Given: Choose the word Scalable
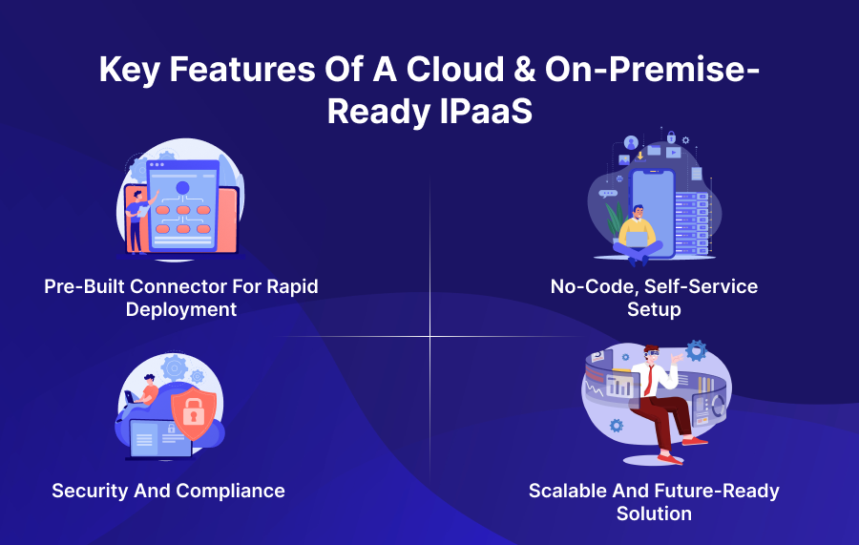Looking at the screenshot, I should [x=569, y=491].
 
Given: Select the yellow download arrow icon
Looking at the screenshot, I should [x=639, y=156].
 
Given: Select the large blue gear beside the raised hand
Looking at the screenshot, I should [x=696, y=350].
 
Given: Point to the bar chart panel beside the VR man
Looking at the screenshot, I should [x=621, y=386].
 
